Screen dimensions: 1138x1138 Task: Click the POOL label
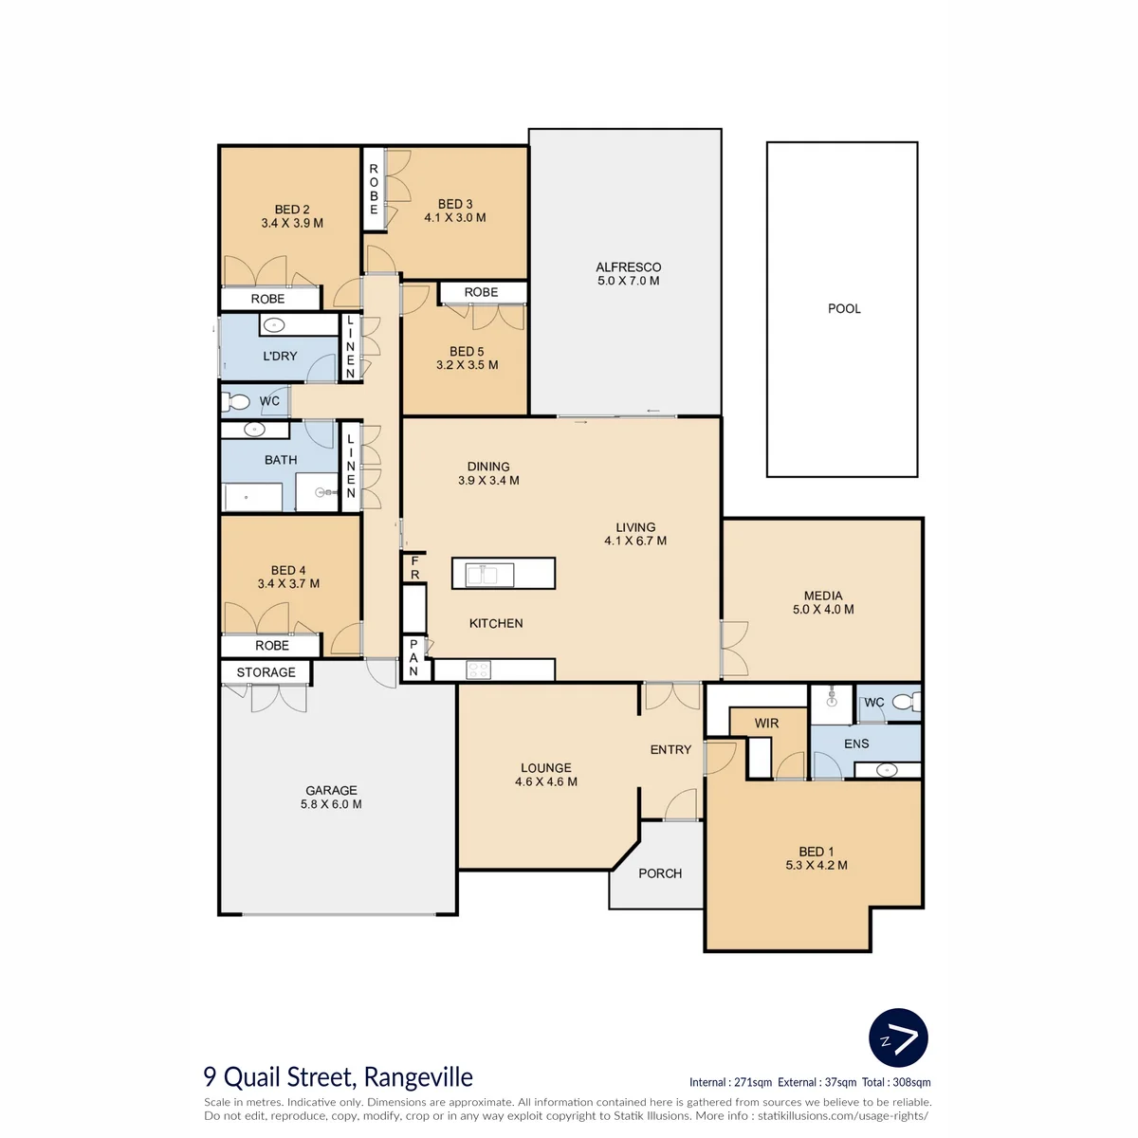coord(844,308)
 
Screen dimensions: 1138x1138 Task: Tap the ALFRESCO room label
coord(629,266)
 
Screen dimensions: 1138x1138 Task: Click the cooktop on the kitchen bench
coord(478,670)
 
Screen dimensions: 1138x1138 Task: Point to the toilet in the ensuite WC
coord(907,702)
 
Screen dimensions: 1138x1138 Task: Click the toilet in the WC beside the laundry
coord(235,401)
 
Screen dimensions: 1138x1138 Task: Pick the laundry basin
coord(273,325)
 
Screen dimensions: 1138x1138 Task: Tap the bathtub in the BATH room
coord(252,497)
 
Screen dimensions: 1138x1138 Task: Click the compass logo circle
coord(898,1037)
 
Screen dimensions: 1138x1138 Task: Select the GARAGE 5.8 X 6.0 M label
coord(331,797)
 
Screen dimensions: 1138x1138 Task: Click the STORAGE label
coord(266,672)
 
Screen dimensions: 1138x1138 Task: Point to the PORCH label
coord(660,872)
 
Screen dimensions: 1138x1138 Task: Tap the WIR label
coord(766,723)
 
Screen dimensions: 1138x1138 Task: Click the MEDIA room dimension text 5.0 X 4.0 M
coord(823,609)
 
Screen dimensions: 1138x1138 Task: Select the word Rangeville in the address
coord(418,1077)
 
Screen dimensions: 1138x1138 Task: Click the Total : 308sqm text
coord(896,1082)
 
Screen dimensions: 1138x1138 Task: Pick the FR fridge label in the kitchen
coord(414,567)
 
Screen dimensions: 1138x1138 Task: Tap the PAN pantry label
coord(413,657)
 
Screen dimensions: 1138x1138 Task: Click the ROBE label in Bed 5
coord(481,292)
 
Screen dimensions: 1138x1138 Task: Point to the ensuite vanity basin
coord(887,769)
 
